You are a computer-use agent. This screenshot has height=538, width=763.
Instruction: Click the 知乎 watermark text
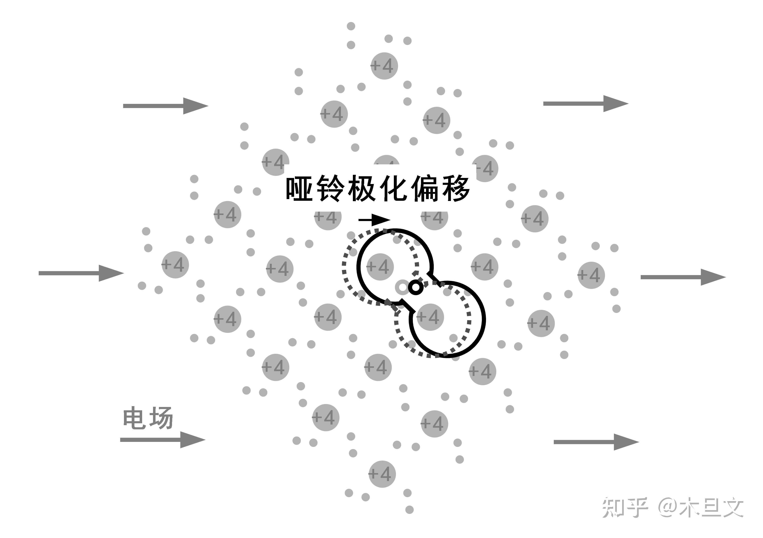point(625,507)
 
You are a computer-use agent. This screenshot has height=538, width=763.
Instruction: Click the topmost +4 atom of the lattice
point(384,66)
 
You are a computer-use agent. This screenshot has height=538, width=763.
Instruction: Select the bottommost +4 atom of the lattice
point(382,474)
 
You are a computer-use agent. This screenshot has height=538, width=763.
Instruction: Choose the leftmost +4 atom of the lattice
point(175,265)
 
